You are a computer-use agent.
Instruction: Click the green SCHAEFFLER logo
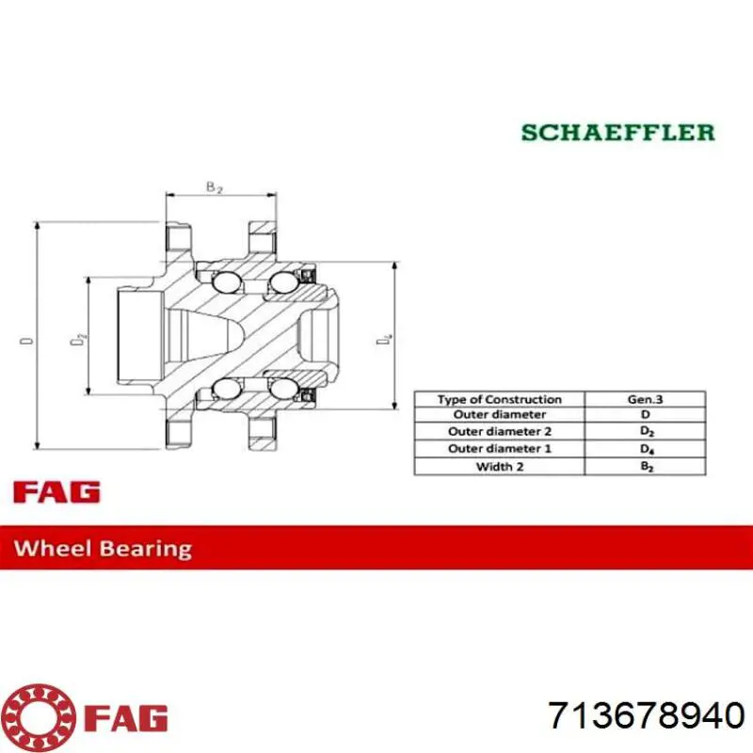[x=618, y=133]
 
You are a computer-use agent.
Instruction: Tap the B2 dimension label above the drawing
[x=215, y=186]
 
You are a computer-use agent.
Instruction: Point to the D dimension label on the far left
[x=27, y=341]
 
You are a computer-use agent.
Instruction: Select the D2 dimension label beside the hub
[x=78, y=338]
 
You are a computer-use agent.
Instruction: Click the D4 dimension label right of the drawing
[x=384, y=340]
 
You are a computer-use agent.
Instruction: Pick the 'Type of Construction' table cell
[x=500, y=399]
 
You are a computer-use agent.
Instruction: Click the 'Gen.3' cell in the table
[x=645, y=399]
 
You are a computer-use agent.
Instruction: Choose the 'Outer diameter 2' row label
[x=500, y=431]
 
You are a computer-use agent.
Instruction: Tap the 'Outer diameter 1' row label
[x=500, y=449]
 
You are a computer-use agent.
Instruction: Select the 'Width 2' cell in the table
[x=500, y=466]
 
